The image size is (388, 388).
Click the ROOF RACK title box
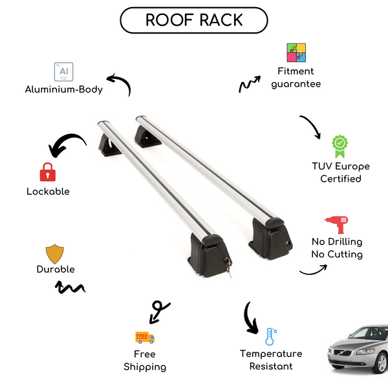(x=194, y=20)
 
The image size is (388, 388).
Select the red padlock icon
(x=47, y=172)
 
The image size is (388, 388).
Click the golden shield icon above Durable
(x=55, y=253)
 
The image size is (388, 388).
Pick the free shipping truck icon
(x=145, y=337)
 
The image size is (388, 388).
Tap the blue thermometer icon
(x=270, y=336)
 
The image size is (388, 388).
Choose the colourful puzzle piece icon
(x=296, y=53)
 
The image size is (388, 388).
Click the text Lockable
(x=48, y=191)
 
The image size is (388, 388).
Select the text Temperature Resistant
(x=270, y=360)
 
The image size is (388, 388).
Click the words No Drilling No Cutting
(x=336, y=248)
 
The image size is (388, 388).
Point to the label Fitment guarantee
(x=296, y=78)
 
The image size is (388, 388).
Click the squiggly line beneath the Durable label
(x=72, y=286)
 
